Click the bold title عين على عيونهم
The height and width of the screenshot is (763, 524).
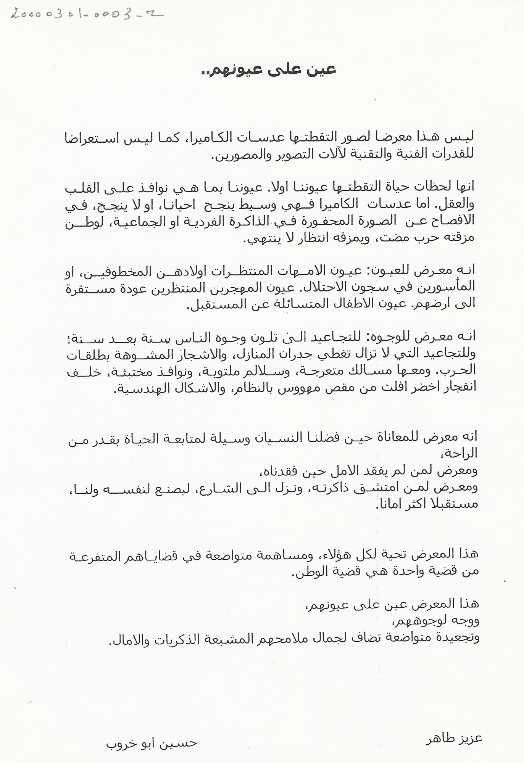(268, 70)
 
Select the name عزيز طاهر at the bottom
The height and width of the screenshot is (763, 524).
(454, 737)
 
